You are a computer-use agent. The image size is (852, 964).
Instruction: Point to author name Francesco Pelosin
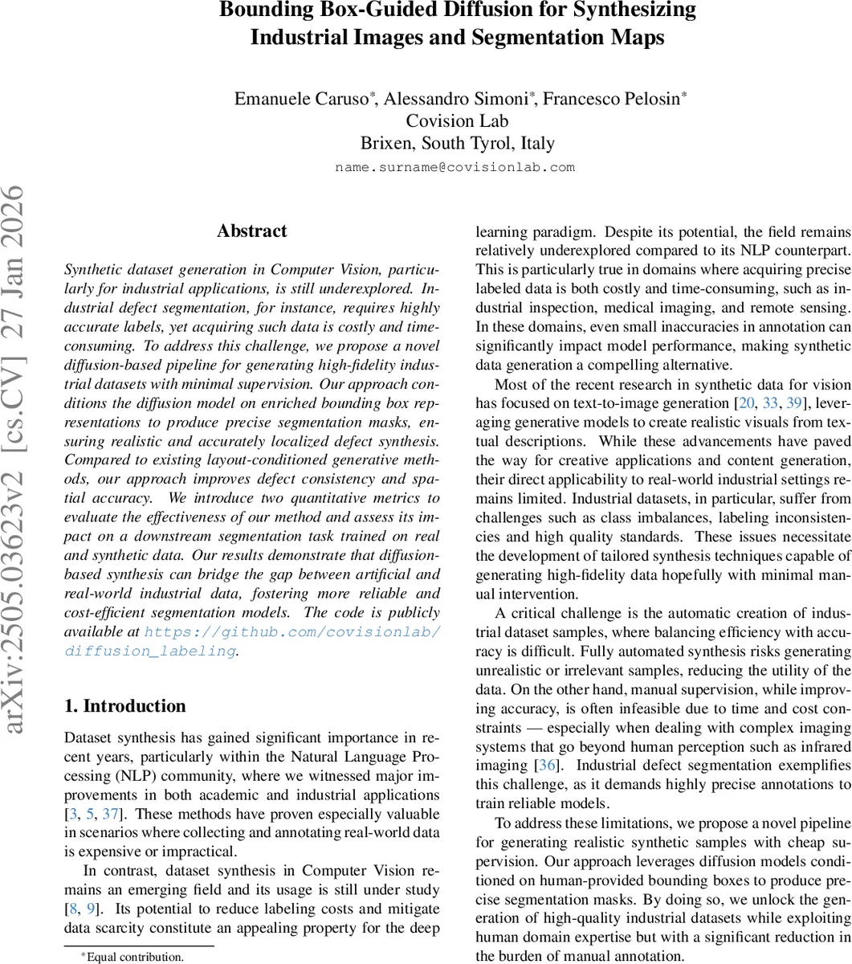(x=613, y=99)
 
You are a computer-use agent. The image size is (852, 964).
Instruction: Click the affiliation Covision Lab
(x=457, y=121)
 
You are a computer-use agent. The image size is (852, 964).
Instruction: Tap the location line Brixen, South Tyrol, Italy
(x=457, y=144)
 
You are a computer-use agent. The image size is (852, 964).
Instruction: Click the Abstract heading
(x=251, y=231)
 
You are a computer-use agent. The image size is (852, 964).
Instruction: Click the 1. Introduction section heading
(x=124, y=706)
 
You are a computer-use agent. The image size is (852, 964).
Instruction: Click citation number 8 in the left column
(x=75, y=909)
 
